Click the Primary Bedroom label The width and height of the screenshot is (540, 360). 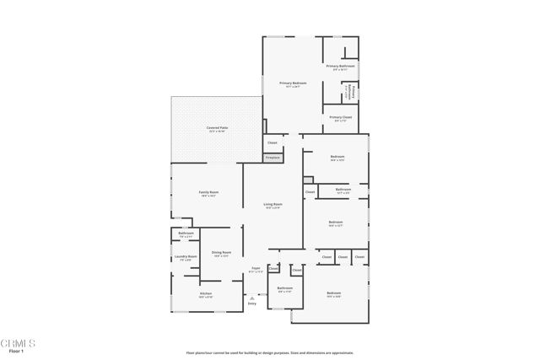[293, 83]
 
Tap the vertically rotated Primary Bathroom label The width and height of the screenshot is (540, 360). [355, 91]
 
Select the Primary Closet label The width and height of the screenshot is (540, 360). [341, 118]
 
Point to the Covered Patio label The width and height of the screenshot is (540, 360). [217, 128]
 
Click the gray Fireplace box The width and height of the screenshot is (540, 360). [273, 158]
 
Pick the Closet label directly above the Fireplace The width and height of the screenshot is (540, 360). [272, 142]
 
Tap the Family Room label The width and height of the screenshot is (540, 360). [208, 193]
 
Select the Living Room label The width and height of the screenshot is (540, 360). [273, 205]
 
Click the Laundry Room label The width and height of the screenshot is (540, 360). [186, 257]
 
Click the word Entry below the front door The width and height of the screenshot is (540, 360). [251, 304]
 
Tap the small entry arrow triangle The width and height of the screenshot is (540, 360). [251, 297]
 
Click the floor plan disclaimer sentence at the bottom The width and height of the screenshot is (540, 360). [269, 352]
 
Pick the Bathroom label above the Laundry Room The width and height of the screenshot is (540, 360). [186, 234]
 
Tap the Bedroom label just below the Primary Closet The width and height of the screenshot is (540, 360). [337, 158]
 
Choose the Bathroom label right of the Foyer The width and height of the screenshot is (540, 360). [284, 288]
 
